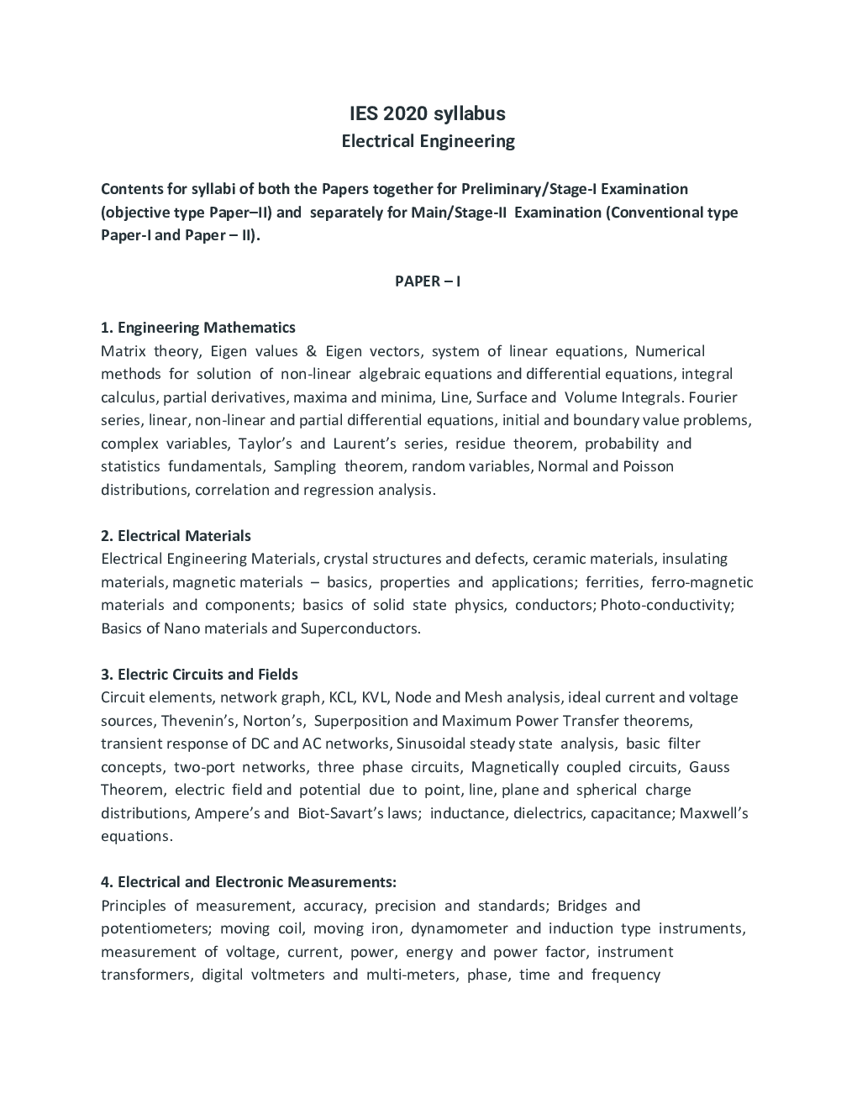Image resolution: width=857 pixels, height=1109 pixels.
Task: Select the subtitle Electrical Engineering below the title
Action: (428, 141)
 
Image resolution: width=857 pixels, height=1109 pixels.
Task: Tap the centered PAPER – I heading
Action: (428, 281)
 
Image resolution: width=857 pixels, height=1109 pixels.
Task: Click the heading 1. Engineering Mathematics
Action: (197, 328)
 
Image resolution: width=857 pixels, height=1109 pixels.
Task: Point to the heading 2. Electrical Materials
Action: (176, 536)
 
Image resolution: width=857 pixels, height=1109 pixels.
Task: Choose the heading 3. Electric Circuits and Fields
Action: (199, 675)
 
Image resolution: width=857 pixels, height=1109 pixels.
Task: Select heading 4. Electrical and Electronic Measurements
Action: (248, 882)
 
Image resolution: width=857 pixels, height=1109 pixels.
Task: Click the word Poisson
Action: (648, 466)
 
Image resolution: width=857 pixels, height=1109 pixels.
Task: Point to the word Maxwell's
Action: (713, 813)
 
